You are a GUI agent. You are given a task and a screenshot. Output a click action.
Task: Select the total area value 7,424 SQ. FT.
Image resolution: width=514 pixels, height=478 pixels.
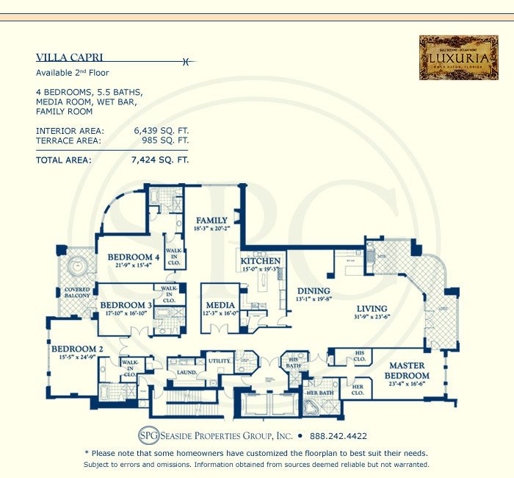159,158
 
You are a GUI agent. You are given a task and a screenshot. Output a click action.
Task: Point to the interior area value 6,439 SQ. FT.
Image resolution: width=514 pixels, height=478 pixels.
161,130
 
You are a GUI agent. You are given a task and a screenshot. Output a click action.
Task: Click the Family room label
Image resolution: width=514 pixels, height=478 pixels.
211,220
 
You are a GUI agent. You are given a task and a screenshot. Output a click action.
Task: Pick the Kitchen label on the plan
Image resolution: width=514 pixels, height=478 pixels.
261,261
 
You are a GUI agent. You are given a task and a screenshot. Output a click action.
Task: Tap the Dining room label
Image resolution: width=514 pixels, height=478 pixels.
313,290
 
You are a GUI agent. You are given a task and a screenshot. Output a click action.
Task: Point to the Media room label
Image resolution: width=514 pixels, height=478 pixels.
220,305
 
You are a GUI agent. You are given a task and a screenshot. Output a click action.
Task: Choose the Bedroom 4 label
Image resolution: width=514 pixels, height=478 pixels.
129,257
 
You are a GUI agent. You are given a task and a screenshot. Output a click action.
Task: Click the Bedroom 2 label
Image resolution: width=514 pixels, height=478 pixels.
75,349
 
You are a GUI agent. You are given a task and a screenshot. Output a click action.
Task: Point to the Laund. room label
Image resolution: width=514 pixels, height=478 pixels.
186,373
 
